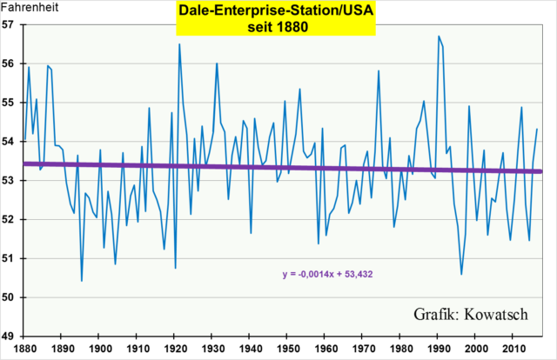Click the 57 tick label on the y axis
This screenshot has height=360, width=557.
tap(11, 23)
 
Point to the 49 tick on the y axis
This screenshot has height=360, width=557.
tap(11, 336)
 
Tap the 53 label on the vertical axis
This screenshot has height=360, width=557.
tap(11, 180)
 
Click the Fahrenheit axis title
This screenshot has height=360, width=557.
tap(29, 8)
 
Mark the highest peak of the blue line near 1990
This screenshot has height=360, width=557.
tap(439, 36)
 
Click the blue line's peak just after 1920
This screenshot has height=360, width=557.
tap(179, 43)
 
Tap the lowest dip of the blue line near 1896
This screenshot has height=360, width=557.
tap(82, 281)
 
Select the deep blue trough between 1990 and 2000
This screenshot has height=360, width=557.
tap(461, 274)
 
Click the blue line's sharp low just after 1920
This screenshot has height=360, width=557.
tap(176, 268)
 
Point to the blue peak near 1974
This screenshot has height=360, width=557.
tap(379, 70)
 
